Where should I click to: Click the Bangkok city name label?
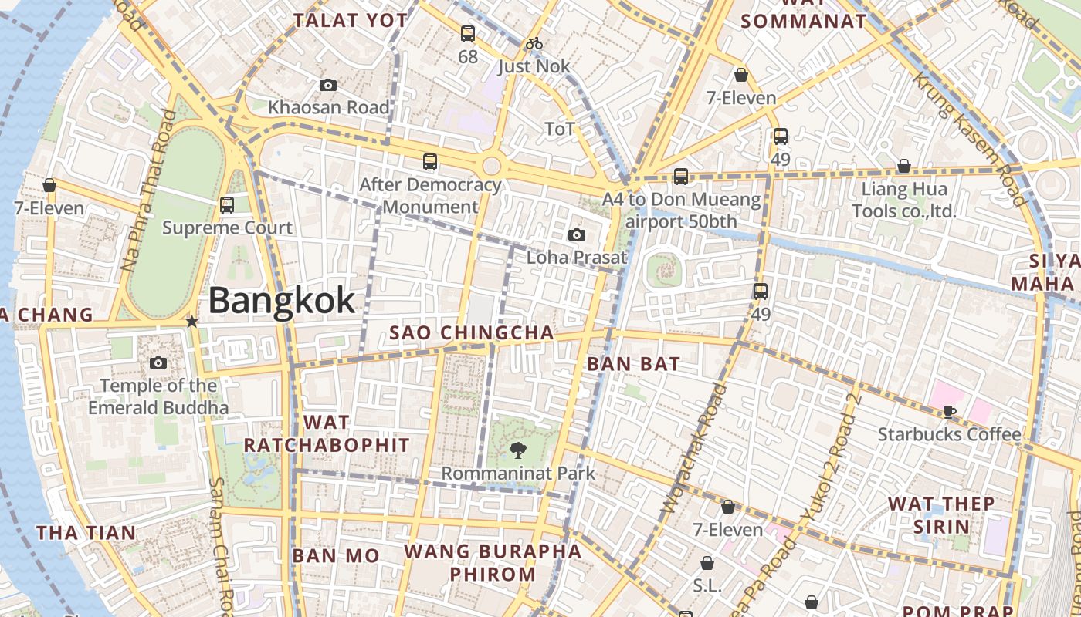click(x=282, y=300)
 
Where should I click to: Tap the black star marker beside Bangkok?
click(x=191, y=321)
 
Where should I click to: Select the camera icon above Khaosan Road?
click(x=328, y=85)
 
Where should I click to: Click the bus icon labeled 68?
click(x=467, y=34)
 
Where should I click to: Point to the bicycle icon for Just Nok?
click(x=533, y=44)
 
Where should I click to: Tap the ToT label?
click(x=560, y=128)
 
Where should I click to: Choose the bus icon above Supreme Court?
click(x=226, y=205)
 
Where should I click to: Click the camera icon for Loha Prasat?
click(x=576, y=234)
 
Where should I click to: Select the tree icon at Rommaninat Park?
click(x=518, y=450)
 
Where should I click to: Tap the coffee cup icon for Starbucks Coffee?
click(x=949, y=412)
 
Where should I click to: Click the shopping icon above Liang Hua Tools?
click(x=903, y=166)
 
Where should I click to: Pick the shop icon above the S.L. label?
click(x=707, y=564)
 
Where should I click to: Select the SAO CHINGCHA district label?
click(x=471, y=332)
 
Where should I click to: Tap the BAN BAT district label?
click(x=633, y=363)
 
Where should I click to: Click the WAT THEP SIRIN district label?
click(x=941, y=515)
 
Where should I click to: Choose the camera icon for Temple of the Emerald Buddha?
click(x=158, y=362)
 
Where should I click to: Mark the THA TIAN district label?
click(x=86, y=532)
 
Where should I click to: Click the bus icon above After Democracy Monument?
click(x=430, y=162)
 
